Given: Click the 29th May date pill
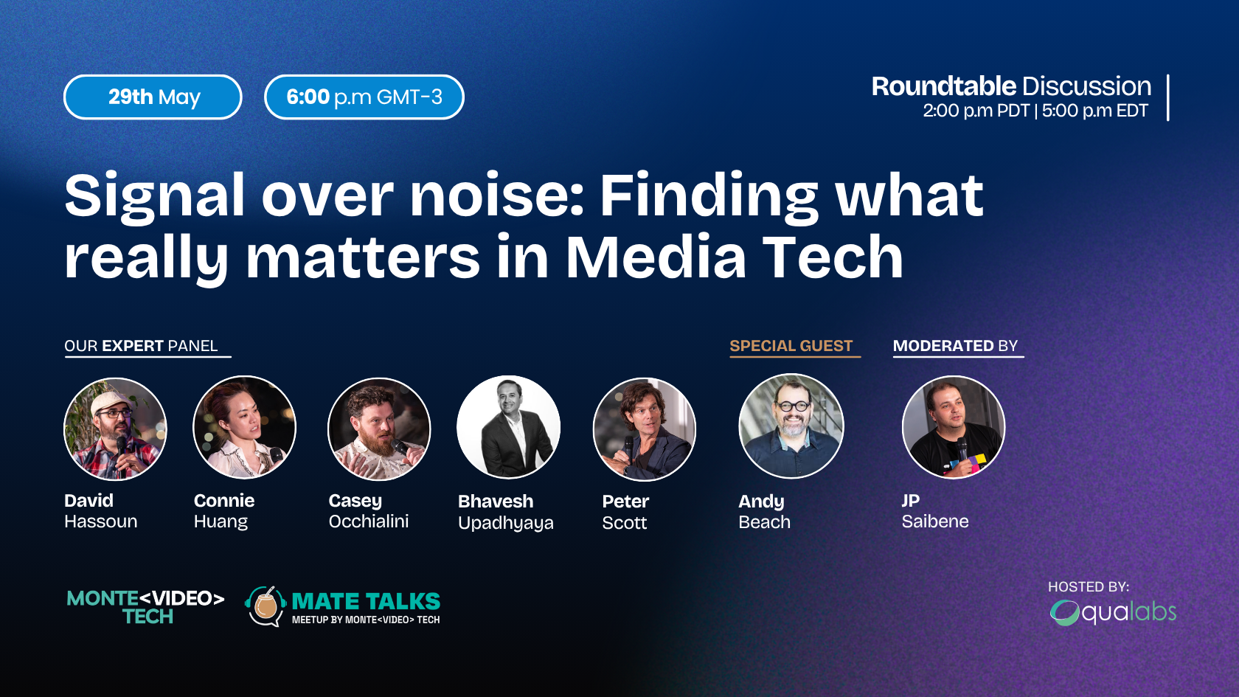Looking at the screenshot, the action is point(153,97).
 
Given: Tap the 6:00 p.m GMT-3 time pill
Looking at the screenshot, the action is point(364,97).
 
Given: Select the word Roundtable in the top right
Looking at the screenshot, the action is point(944,86).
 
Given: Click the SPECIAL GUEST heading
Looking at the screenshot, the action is point(791,346).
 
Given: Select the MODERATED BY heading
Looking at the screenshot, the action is point(955,346).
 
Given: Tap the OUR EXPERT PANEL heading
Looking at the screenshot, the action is point(141,346).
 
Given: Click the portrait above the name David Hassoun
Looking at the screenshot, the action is point(115,429).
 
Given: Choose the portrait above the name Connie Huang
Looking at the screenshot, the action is point(245,427).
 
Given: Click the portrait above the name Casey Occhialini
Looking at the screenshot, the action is point(379,429).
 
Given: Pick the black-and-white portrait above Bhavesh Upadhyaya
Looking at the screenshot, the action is point(508,427).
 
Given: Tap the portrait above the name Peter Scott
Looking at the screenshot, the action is point(645,429).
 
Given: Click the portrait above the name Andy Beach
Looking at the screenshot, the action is point(791,426).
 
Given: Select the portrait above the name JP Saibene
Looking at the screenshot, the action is point(954,427).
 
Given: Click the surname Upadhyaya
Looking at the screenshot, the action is point(506,523).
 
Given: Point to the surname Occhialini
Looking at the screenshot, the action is point(369,521).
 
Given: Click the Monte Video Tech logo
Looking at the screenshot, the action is point(145,607).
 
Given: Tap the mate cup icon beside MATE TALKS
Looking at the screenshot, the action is point(265,606).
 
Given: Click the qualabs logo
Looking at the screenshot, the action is point(1113,613).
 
